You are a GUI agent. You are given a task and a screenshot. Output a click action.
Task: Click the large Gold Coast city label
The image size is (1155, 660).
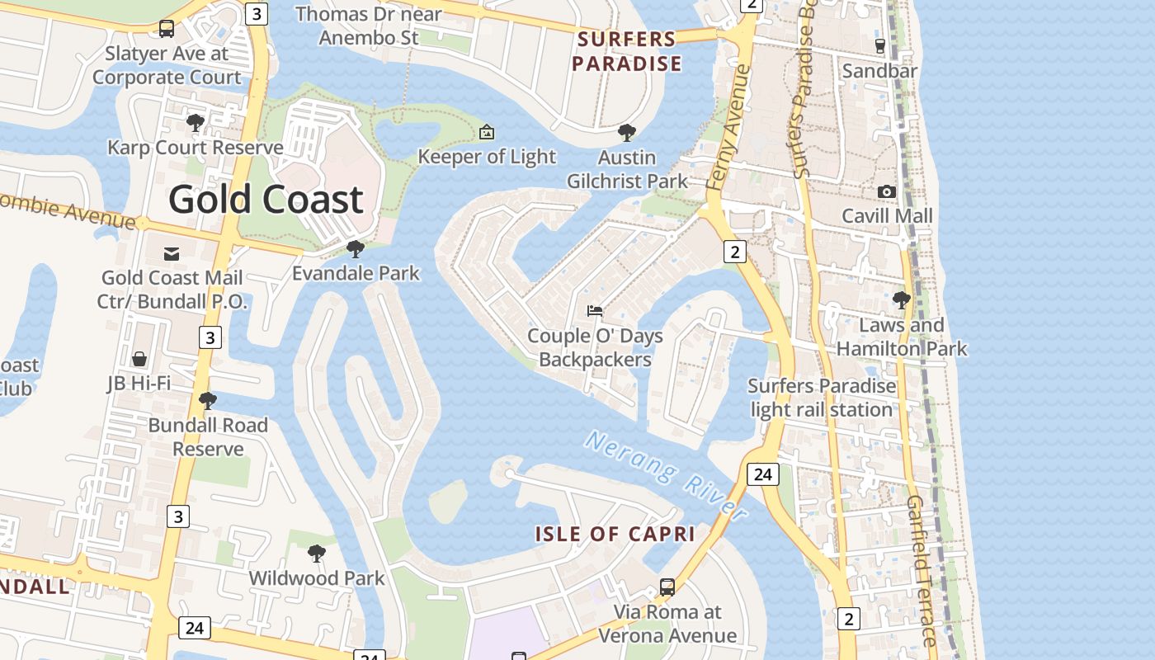tap(266, 200)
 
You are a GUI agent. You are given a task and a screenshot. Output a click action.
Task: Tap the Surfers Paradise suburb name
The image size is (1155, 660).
tap(627, 51)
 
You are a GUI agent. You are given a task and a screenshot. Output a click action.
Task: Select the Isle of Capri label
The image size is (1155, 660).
tap(615, 534)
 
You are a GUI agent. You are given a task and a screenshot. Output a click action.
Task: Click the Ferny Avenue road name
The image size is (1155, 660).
tap(728, 128)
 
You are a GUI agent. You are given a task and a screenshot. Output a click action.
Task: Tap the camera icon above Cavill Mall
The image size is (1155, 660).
tap(887, 191)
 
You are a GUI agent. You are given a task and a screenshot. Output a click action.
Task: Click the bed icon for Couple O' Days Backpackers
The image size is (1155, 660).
tap(595, 311)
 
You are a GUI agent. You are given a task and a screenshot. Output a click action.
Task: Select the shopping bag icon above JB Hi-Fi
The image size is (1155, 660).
tap(139, 359)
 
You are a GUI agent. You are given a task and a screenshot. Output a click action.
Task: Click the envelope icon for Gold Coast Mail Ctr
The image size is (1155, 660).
tap(172, 253)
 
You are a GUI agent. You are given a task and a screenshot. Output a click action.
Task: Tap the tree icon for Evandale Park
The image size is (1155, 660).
tap(356, 248)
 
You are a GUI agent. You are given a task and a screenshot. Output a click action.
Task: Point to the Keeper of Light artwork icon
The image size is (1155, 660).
tap(487, 132)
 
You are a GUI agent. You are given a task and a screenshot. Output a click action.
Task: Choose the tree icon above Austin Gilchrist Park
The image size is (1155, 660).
tap(627, 132)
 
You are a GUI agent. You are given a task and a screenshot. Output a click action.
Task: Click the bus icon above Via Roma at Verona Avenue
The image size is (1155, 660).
tap(667, 587)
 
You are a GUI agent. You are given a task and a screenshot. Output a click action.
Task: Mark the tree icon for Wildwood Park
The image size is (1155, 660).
tap(316, 554)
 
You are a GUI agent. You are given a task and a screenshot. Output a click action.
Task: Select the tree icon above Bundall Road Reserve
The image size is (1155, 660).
tap(208, 401)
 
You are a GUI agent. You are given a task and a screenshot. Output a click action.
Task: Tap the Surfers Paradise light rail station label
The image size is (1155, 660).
tap(821, 398)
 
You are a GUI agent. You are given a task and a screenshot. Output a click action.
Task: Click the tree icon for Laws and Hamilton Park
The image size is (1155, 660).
tap(902, 300)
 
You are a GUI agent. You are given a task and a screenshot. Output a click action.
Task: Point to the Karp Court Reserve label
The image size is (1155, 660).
tap(196, 148)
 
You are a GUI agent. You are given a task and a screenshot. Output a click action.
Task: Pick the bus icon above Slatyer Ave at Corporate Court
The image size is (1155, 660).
tap(167, 29)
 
